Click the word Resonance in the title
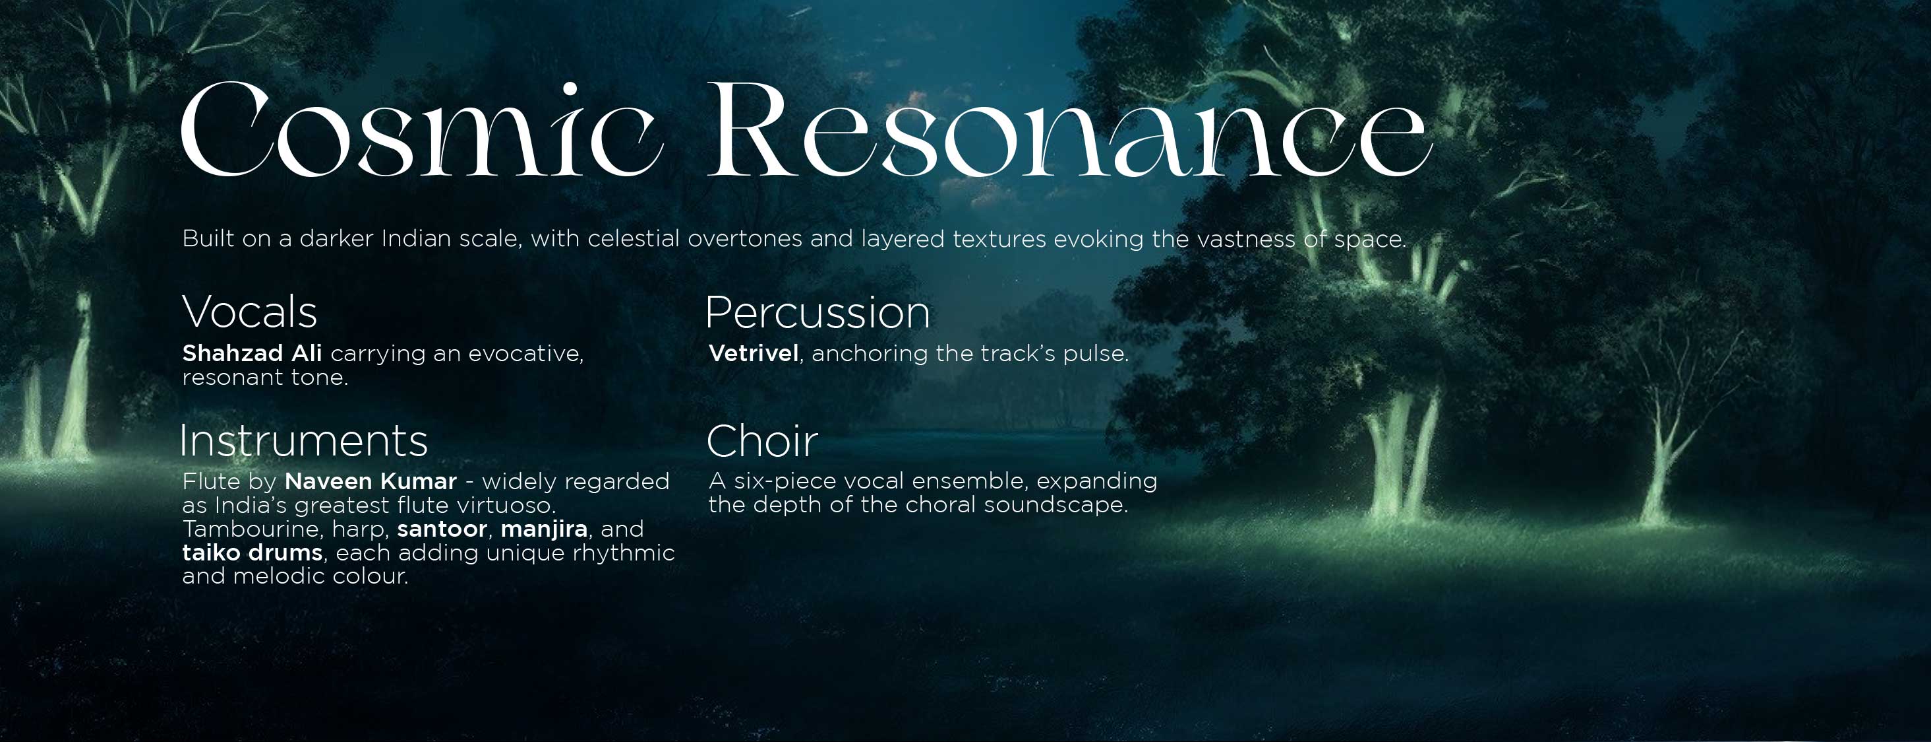1068,131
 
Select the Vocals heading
250,312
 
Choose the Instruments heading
303,441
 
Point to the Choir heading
761,441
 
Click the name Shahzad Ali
252,353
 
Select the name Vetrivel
754,353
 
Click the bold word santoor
442,529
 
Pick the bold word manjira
543,529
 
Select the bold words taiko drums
252,553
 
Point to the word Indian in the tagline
415,238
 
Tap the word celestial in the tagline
634,238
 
